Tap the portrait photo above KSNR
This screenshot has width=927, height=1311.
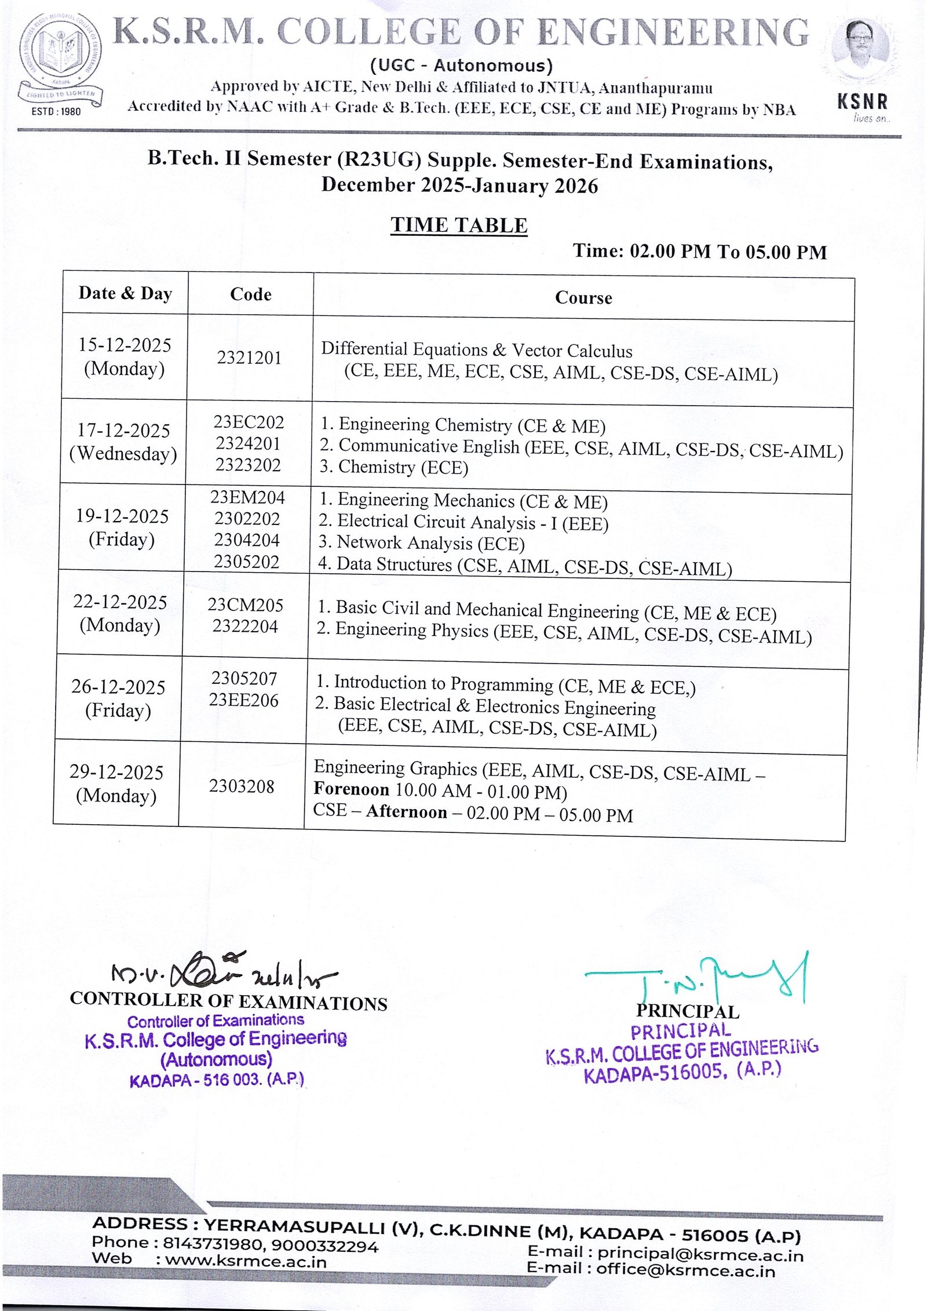point(862,52)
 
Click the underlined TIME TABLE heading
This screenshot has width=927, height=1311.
point(459,225)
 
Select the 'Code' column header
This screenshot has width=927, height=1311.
point(250,294)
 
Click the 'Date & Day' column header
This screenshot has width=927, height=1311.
point(125,293)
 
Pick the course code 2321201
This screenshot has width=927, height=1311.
point(249,358)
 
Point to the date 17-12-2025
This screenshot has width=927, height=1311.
point(123,430)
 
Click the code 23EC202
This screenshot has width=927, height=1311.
point(249,422)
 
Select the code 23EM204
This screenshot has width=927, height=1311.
point(247,497)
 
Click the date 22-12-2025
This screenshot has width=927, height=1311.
point(120,602)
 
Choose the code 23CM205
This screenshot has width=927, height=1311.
point(245,605)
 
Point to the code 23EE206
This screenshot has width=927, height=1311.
point(243,700)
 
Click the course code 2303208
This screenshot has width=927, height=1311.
point(242,786)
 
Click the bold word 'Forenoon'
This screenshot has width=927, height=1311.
point(351,789)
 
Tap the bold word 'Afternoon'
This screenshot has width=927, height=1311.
point(406,811)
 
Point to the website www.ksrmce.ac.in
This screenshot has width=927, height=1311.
point(246,1261)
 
